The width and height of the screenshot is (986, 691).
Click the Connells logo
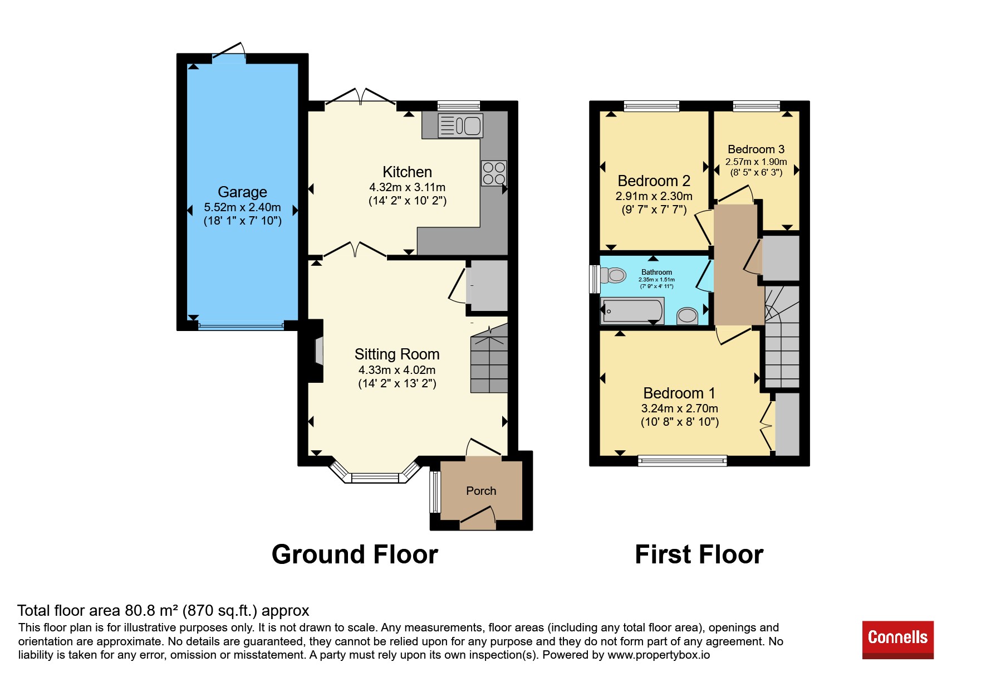point(897,639)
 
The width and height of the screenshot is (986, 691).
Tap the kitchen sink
point(460,125)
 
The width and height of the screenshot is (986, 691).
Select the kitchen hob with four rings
point(494,173)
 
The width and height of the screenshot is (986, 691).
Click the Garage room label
point(242,192)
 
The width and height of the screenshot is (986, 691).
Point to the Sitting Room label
point(397,354)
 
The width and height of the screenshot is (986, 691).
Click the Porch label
point(481,491)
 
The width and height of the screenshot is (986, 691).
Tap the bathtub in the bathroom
point(632,311)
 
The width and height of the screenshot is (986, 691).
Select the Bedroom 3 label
point(756,149)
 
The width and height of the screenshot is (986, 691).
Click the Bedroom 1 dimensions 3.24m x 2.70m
point(680,408)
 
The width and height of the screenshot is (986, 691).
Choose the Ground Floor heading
point(355,554)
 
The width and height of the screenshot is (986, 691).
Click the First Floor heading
point(699,554)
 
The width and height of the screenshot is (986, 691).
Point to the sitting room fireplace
point(316,351)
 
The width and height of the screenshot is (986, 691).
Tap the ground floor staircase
point(489,360)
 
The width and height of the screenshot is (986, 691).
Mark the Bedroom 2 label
point(654,181)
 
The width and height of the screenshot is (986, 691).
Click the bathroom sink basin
point(688,316)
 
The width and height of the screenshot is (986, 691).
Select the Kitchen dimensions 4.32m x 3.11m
point(408,187)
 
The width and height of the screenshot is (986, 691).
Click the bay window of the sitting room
point(375,474)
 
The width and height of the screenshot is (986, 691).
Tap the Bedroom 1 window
point(683,460)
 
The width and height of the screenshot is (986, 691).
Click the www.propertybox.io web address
point(659,655)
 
